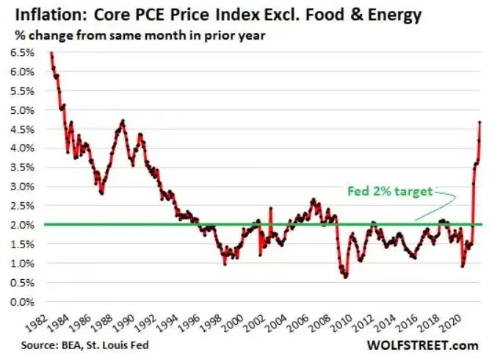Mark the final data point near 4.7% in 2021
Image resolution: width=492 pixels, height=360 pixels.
pyautogui.click(x=480, y=122)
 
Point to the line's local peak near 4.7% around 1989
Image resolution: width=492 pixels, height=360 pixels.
pyautogui.click(x=123, y=121)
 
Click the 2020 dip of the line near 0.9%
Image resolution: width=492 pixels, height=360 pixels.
pyautogui.click(x=462, y=265)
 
